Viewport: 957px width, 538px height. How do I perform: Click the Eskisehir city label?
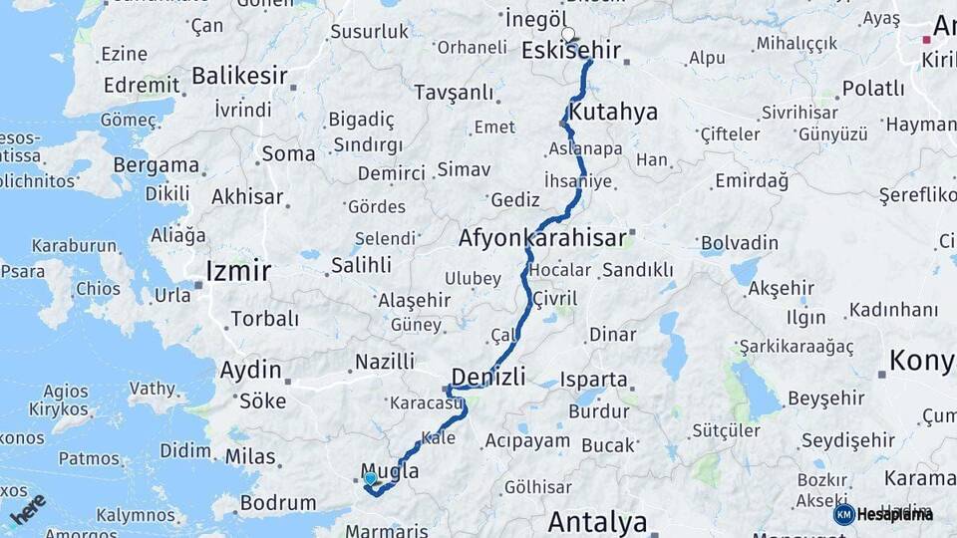(571, 51)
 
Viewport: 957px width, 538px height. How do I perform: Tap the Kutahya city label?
(613, 112)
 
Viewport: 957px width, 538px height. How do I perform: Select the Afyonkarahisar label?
(542, 239)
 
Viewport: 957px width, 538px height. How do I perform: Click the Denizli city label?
(488, 377)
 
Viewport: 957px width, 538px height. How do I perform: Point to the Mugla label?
(389, 471)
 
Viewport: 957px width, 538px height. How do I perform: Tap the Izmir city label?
(238, 270)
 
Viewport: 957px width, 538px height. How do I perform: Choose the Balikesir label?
(239, 76)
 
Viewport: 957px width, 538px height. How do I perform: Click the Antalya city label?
(597, 521)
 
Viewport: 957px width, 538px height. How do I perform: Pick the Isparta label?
(594, 380)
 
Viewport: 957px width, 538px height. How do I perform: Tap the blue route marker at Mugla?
(371, 479)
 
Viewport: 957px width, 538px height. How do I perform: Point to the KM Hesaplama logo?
(883, 514)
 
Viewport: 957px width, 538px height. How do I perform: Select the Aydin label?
(250, 371)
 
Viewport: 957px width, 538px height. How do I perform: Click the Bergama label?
(156, 165)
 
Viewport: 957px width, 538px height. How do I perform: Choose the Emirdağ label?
(752, 181)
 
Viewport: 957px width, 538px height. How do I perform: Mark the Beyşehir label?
(826, 399)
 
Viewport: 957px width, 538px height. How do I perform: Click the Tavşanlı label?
(454, 93)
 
